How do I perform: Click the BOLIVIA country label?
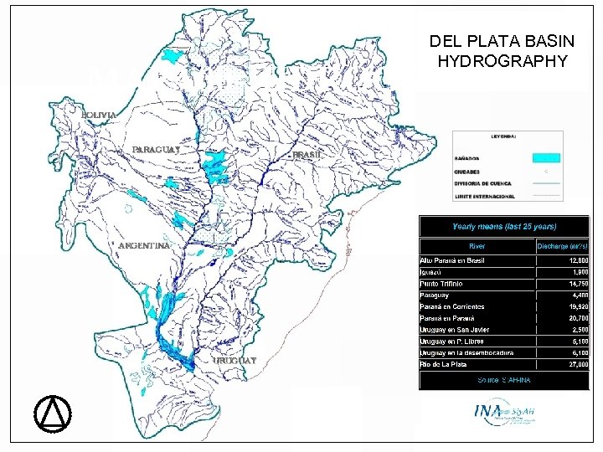pyautogui.click(x=100, y=114)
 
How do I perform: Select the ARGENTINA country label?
pyautogui.click(x=144, y=246)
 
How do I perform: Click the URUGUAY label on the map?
pyautogui.click(x=235, y=360)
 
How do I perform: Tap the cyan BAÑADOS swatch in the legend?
pyautogui.click(x=545, y=157)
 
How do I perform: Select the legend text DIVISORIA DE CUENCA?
pyautogui.click(x=484, y=182)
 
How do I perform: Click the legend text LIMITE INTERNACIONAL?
pyautogui.click(x=485, y=196)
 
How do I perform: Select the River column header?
pyautogui.click(x=477, y=246)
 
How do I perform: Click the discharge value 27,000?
pyautogui.click(x=575, y=365)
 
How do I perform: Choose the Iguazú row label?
pyautogui.click(x=433, y=272)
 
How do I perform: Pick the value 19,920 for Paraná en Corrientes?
pyautogui.click(x=575, y=306)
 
